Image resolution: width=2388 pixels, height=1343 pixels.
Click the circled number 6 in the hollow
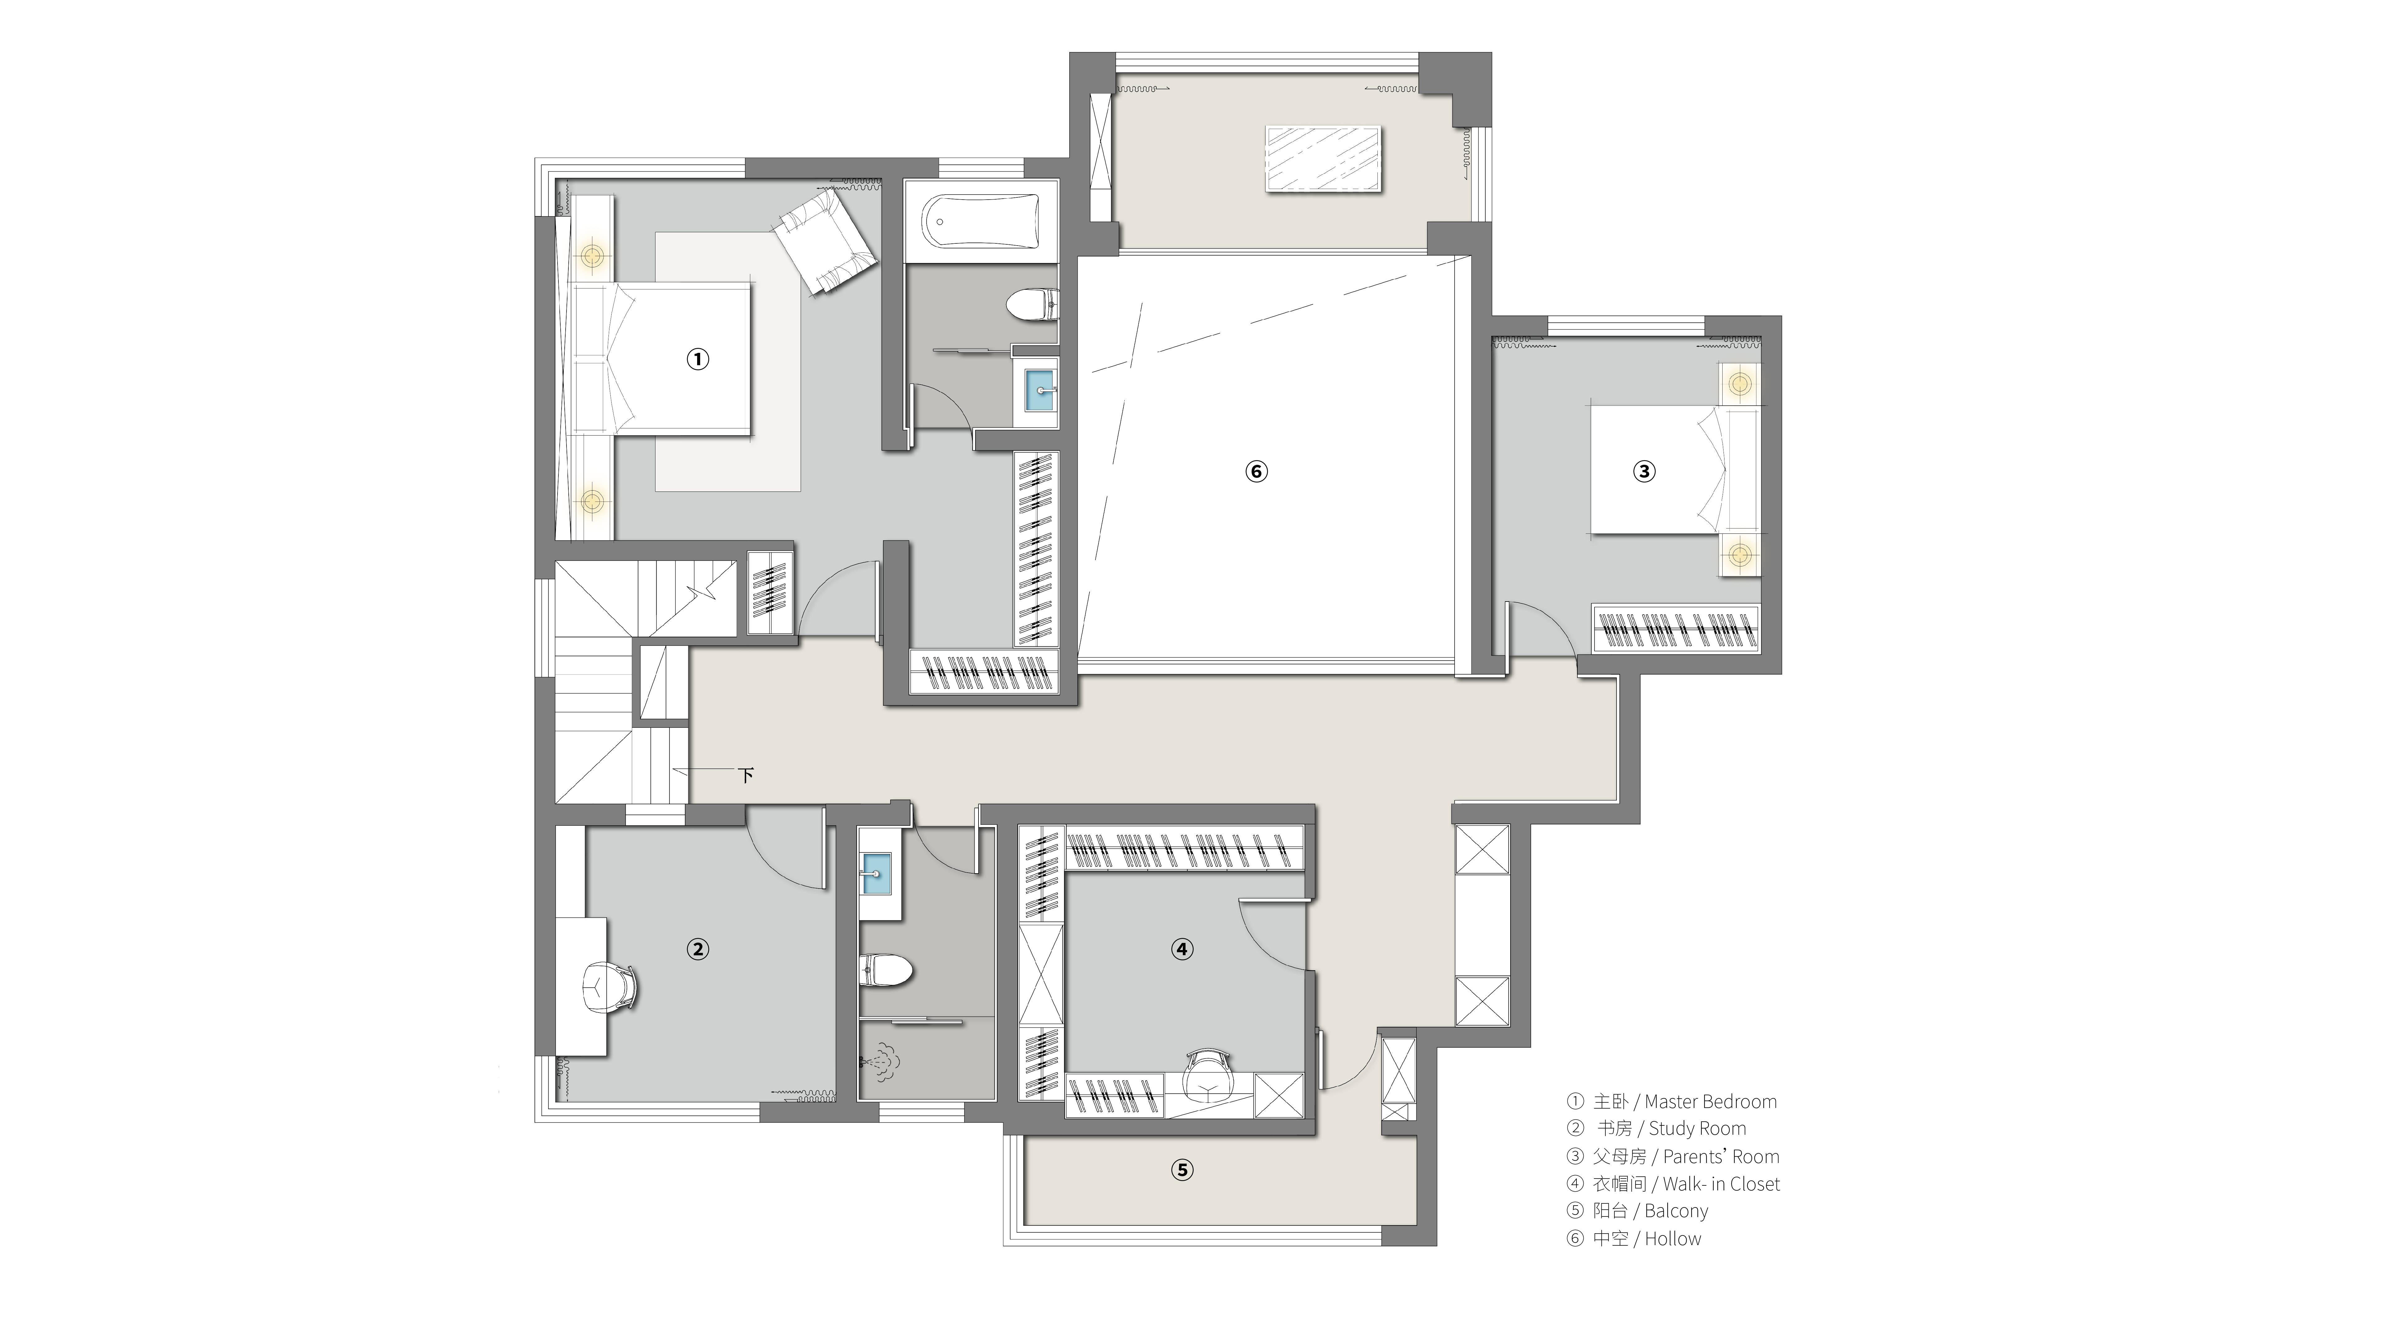tap(1256, 472)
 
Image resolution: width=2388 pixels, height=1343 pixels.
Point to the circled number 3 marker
tap(1644, 472)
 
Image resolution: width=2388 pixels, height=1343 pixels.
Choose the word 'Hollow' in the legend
tap(1673, 1238)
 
